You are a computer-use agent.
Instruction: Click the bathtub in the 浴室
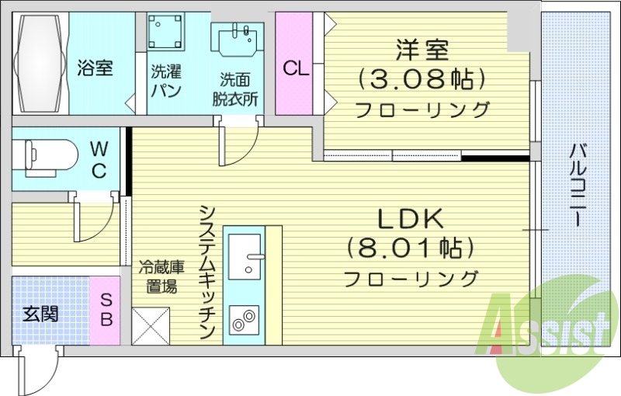[x=40, y=64]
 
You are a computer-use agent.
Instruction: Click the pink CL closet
[x=295, y=68]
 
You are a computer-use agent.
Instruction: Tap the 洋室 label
[x=422, y=51]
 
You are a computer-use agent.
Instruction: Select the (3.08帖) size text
[x=422, y=78]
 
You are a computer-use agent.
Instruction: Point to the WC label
[x=99, y=160]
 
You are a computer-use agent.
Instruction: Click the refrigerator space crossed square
[x=150, y=326]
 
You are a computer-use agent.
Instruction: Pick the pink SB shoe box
[x=106, y=309]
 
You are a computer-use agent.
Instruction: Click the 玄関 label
[x=41, y=314]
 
